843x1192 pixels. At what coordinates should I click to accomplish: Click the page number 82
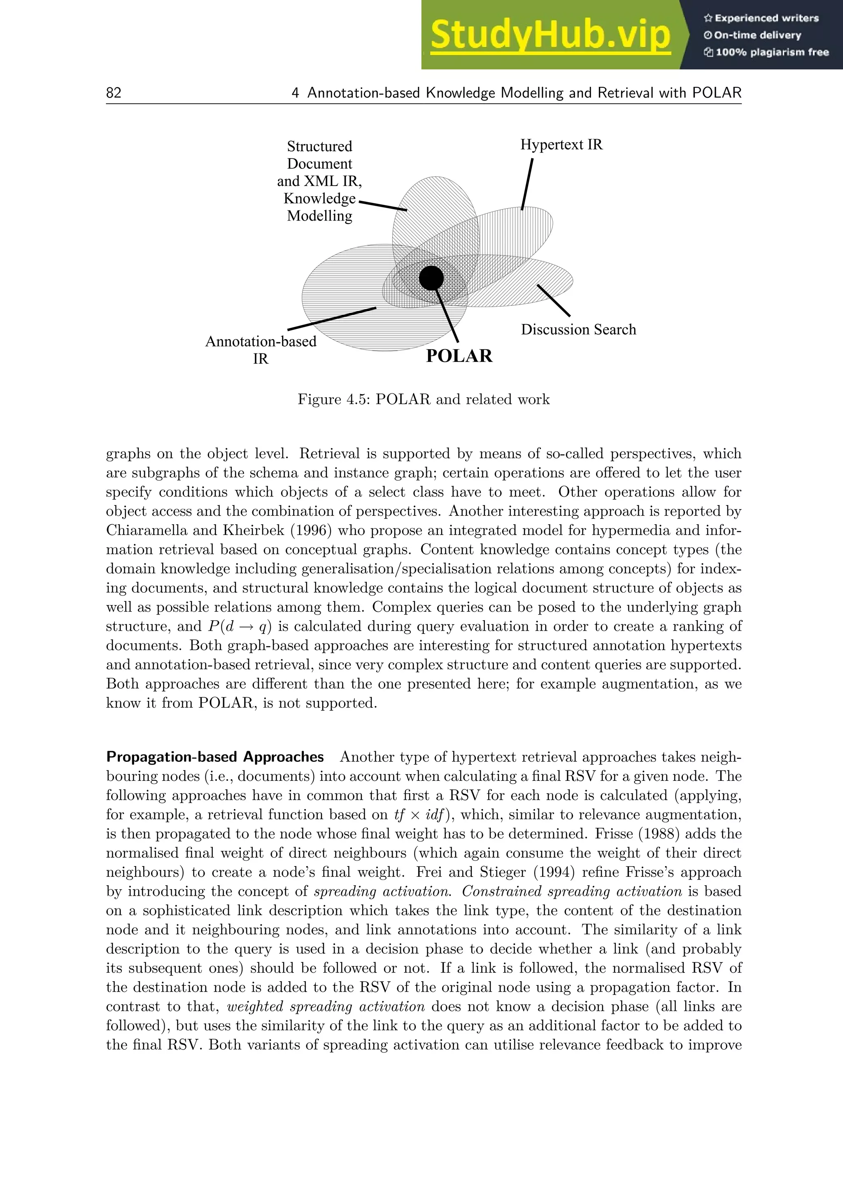(114, 93)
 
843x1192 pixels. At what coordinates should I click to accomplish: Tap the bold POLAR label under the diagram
(459, 356)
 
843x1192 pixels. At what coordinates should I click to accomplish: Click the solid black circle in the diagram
(431, 278)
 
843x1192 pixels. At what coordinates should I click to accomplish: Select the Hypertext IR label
(561, 145)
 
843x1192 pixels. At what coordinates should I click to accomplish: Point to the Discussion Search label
(578, 330)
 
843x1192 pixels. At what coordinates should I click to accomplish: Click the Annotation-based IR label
(261, 349)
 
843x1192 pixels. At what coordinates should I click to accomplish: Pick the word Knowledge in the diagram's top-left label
(319, 199)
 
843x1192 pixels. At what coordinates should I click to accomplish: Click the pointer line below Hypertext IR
(527, 184)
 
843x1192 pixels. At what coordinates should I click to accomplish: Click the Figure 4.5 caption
(423, 399)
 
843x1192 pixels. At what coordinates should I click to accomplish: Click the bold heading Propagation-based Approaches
(215, 757)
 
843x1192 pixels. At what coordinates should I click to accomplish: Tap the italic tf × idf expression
(420, 815)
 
